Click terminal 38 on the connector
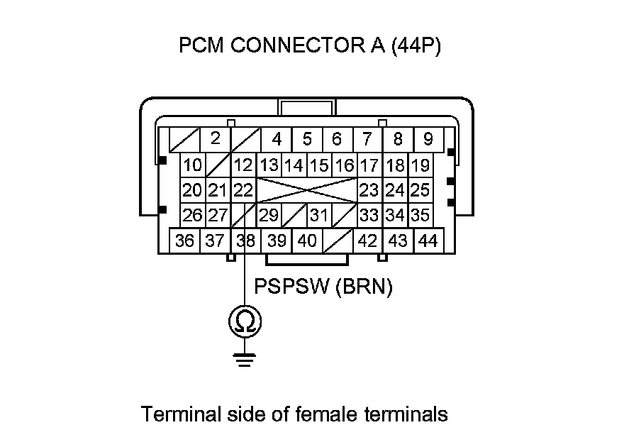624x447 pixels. pyautogui.click(x=245, y=241)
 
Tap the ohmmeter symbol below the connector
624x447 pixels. pyautogui.click(x=245, y=323)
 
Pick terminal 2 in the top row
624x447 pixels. pyautogui.click(x=216, y=138)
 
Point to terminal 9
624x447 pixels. pyautogui.click(x=428, y=138)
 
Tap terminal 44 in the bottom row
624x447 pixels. pyautogui.click(x=428, y=241)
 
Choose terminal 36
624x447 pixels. pyautogui.click(x=184, y=241)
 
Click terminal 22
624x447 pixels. pyautogui.click(x=243, y=189)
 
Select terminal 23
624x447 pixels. pyautogui.click(x=369, y=189)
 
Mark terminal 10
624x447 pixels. pyautogui.click(x=192, y=166)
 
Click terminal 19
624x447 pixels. pyautogui.click(x=420, y=166)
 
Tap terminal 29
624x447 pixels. pyautogui.click(x=269, y=214)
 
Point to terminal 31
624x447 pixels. pyautogui.click(x=319, y=214)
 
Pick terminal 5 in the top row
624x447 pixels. pyautogui.click(x=307, y=138)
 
